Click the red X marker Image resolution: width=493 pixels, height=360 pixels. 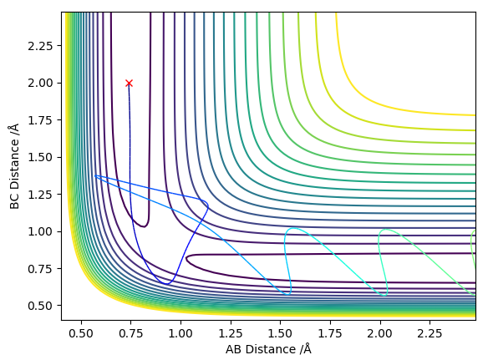point(129,83)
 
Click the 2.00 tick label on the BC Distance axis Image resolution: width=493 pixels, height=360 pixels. point(40,83)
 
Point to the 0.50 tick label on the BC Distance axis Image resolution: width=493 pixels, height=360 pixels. point(40,306)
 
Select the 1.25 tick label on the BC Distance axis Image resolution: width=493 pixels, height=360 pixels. point(40,195)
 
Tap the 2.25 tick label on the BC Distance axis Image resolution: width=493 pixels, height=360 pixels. point(40,46)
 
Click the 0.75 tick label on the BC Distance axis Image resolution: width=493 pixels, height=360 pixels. point(40,268)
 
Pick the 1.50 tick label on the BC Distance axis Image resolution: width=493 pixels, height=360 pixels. point(40,157)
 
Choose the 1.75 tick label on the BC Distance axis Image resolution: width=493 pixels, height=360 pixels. point(40,120)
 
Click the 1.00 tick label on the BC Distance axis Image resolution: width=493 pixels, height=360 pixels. point(40,231)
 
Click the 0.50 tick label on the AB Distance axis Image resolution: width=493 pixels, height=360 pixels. point(81,333)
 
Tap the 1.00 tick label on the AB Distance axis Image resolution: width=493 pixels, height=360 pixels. point(180,333)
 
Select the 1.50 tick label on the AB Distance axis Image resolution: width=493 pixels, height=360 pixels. point(281,333)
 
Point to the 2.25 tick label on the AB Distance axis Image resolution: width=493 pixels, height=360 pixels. point(429,333)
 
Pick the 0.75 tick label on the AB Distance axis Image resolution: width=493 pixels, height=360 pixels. point(131,333)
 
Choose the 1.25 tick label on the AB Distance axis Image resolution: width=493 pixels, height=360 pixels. point(231,333)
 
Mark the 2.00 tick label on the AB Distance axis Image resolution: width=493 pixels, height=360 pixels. point(380,333)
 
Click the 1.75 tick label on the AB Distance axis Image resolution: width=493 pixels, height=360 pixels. point(330,333)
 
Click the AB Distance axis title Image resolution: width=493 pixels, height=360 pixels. point(268,349)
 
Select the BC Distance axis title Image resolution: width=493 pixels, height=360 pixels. point(14,166)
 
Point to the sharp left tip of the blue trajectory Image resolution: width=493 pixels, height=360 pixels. point(95,175)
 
